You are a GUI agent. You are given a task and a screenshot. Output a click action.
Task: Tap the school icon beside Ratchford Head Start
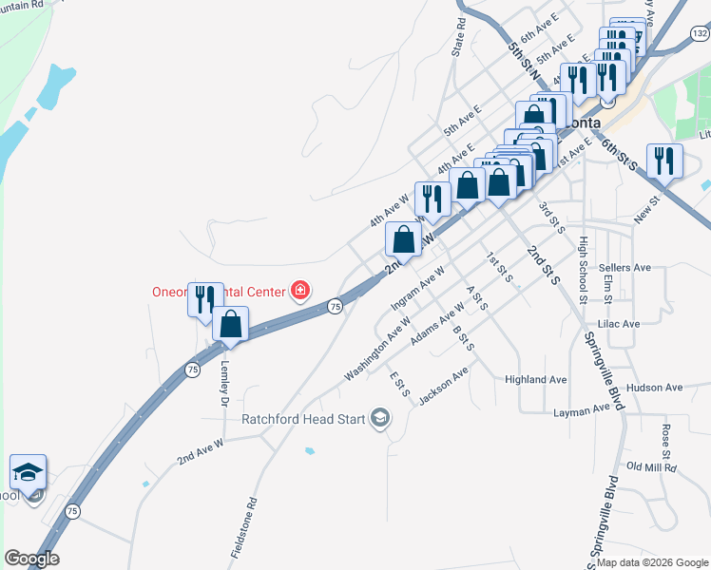tap(380, 419)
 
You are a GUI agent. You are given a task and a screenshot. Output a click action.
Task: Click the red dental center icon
tap(300, 290)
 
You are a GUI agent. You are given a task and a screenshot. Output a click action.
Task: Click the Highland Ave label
tap(536, 380)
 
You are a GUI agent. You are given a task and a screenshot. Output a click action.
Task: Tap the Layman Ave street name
tap(581, 410)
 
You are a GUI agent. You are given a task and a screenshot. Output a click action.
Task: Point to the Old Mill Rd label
tap(651, 467)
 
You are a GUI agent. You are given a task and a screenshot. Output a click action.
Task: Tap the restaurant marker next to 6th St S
tap(663, 160)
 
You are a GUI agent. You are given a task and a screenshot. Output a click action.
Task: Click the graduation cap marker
tap(29, 471)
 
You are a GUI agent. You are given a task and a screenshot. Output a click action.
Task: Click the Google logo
tap(31, 558)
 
